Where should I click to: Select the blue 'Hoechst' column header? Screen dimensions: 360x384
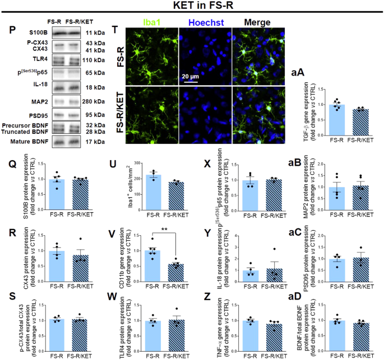point(205,23)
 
